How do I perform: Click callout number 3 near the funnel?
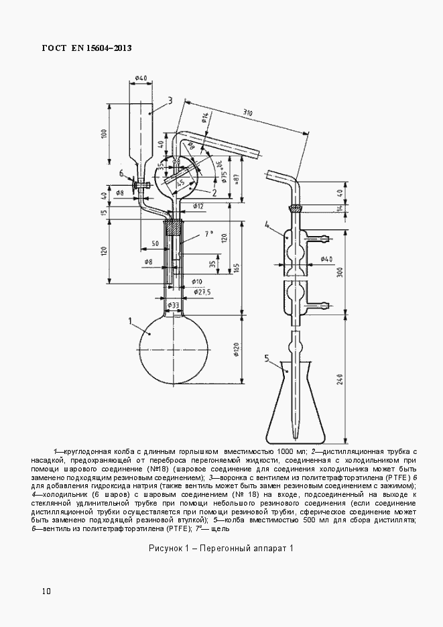(170, 101)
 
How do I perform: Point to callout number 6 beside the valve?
(121, 174)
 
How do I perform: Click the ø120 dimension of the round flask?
(236, 349)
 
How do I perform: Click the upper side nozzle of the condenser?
(321, 237)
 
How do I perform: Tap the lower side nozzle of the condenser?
(321, 306)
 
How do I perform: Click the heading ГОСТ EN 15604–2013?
(86, 48)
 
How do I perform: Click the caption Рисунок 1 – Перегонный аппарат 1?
(221, 549)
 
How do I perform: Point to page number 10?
(46, 591)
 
